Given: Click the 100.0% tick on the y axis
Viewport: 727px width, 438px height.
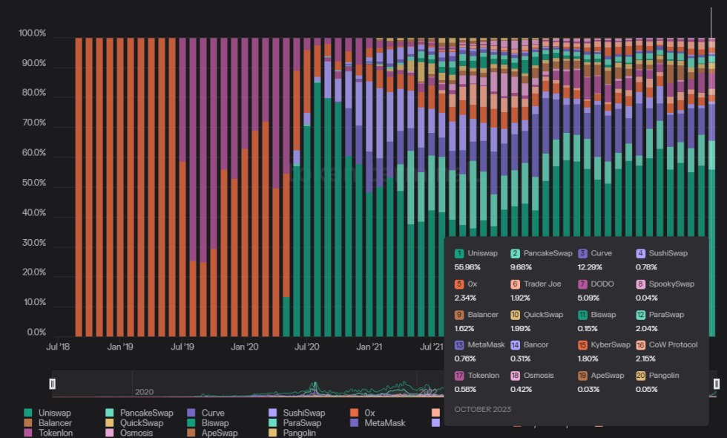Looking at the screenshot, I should pos(32,34).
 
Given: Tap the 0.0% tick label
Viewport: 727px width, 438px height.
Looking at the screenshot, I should pos(36,333).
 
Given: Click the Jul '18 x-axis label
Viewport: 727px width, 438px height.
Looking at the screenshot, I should pos(58,347).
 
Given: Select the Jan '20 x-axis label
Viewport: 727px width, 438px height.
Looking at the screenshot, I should pos(244,347).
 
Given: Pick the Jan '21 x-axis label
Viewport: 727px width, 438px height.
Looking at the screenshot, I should pos(369,347).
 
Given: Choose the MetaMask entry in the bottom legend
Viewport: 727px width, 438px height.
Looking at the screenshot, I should pos(384,423).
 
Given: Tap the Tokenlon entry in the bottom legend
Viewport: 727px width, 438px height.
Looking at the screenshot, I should pos(56,433).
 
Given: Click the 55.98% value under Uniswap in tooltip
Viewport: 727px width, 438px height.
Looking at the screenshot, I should pos(467,267).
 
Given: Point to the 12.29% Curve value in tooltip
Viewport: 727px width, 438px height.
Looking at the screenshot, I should pos(589,267).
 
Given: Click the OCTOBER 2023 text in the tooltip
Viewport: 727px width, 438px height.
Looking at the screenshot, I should pos(483,409).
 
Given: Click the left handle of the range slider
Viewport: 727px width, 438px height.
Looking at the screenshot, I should pos(52,384).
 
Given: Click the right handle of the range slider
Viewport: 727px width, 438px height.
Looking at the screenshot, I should pos(717,384).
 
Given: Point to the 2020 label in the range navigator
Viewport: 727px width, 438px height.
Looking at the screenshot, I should pos(144,392).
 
